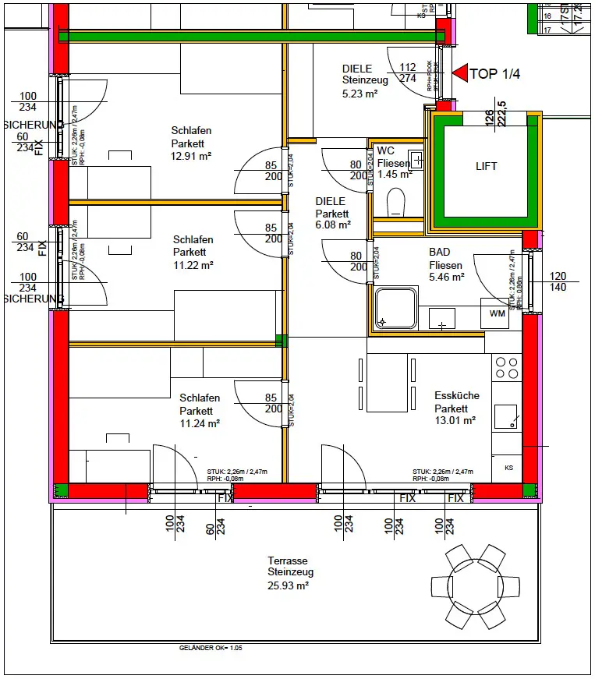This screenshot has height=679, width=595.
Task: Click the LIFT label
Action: [486, 166]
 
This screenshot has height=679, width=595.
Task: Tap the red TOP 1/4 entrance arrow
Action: [459, 74]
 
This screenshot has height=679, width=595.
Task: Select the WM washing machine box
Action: [497, 313]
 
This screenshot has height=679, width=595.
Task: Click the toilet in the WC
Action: [396, 202]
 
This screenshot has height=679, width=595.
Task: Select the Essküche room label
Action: [457, 396]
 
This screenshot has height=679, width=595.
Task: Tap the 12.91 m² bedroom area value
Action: [191, 156]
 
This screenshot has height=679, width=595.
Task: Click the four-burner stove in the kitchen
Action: [506, 367]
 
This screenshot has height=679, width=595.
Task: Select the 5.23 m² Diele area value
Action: [359, 94]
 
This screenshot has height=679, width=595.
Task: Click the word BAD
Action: [440, 252]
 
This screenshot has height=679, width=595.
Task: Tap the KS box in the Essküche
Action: [508, 468]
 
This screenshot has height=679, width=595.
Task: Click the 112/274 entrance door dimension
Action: [407, 73]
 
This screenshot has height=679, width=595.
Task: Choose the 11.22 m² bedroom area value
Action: [193, 265]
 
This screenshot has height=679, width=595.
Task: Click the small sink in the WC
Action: [418, 161]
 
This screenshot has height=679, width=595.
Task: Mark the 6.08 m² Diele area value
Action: [333, 225]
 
